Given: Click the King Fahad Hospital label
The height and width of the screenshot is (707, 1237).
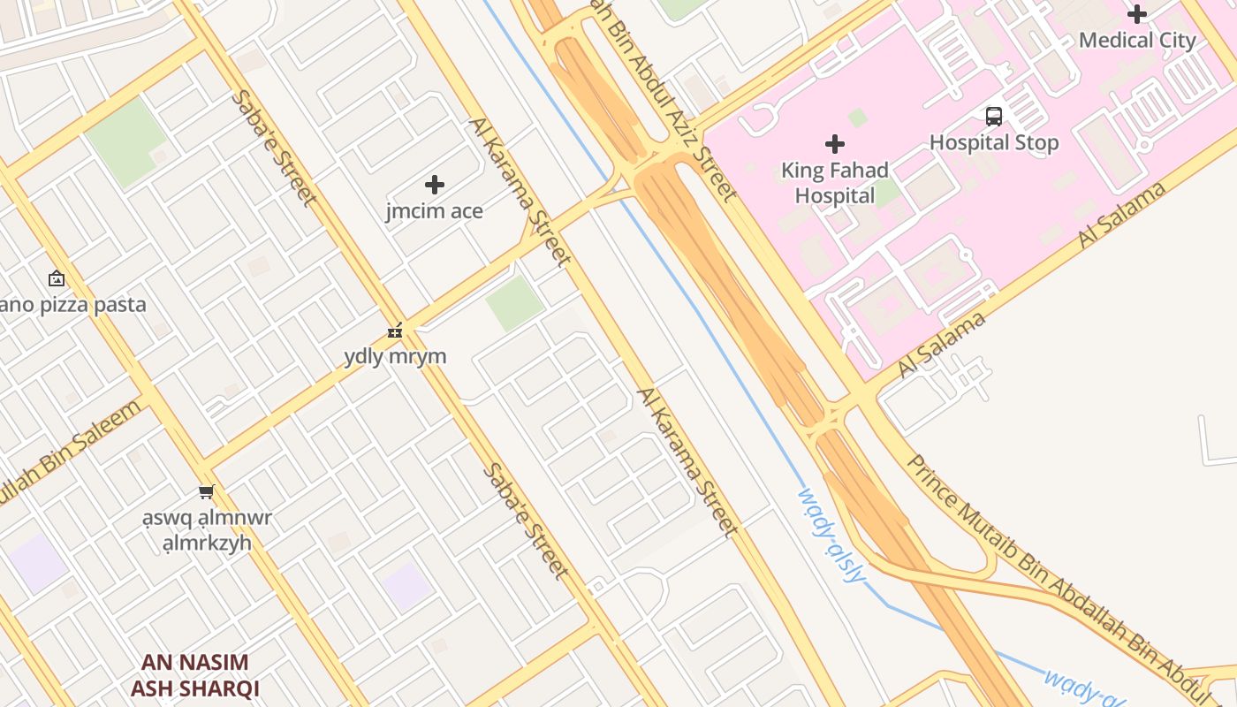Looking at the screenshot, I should tap(835, 183).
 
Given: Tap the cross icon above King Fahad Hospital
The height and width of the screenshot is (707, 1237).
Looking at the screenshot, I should tap(835, 143).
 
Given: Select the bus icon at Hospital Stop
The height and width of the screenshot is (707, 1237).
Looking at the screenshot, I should tap(994, 116).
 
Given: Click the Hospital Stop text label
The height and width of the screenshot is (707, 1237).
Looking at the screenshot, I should tap(994, 142).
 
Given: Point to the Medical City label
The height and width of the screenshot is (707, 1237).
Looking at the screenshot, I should tap(1137, 41).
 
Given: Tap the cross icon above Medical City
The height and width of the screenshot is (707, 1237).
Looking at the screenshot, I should tap(1137, 14).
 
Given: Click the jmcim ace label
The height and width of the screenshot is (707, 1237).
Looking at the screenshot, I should tap(435, 211).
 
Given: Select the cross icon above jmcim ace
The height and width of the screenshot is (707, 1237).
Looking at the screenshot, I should tap(435, 185).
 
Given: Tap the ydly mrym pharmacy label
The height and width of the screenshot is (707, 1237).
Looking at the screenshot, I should tap(395, 357).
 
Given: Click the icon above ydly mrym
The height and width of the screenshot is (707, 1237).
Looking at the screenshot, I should tap(395, 331).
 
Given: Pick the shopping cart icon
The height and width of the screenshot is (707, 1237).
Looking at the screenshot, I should tap(207, 491).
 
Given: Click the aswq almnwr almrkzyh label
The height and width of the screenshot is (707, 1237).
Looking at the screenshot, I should tap(208, 530).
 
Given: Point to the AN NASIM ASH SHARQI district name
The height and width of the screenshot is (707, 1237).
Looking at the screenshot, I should tap(195, 675).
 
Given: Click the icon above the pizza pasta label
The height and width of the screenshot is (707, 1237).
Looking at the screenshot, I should tap(57, 279).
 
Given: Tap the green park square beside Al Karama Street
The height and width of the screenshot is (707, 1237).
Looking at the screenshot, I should tap(514, 303).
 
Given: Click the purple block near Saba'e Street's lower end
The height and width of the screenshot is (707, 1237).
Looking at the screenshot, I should tap(406, 586).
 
